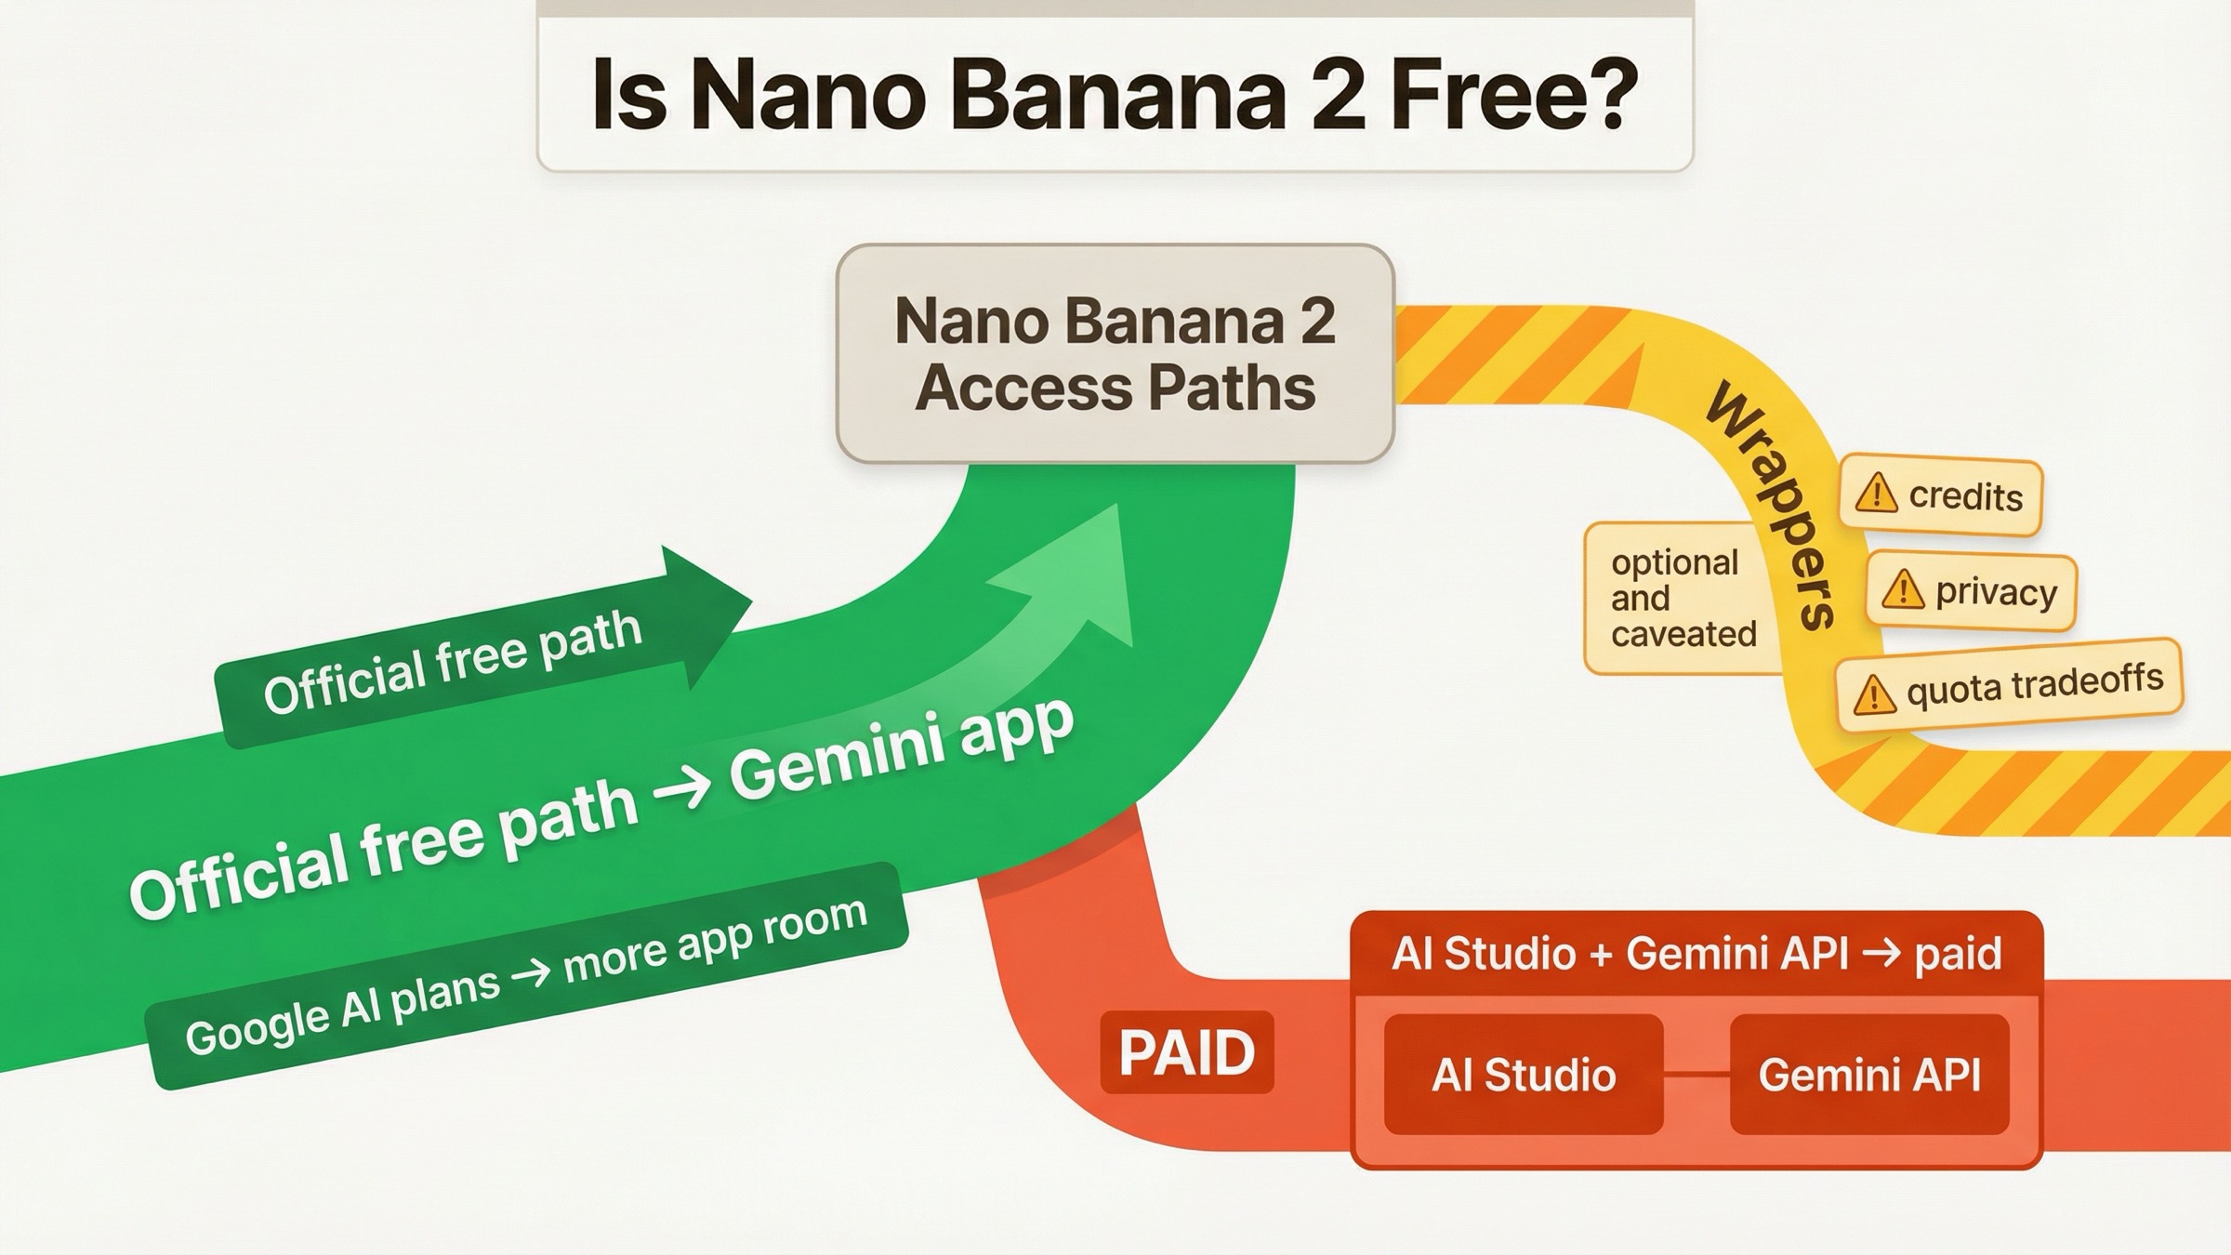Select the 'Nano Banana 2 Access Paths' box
point(1115,353)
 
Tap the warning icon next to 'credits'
point(1876,493)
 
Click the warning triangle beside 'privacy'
point(1902,589)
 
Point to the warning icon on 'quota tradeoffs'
point(1874,694)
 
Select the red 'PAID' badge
point(1186,1052)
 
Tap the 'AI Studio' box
point(1523,1075)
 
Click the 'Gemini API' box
point(1868,1075)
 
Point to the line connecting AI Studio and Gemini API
point(1696,1075)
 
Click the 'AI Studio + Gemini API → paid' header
point(1696,954)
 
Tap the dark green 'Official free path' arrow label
point(454,662)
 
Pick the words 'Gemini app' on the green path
point(901,748)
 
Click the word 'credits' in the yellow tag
point(1965,495)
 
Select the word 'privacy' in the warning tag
point(1996,592)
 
